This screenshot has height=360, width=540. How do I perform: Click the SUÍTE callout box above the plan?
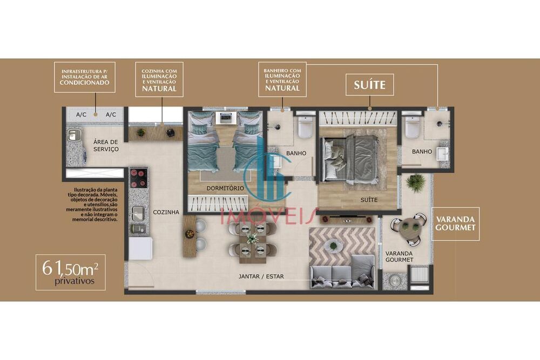point(370,85)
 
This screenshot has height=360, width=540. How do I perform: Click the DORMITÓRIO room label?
point(225,188)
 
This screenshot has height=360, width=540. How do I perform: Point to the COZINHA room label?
point(166,212)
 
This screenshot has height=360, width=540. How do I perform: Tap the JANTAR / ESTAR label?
point(261,276)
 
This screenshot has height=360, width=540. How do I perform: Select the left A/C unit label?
point(81,114)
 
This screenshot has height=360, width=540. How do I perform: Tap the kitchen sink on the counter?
point(138,213)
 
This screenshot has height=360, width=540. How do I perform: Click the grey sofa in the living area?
point(342,272)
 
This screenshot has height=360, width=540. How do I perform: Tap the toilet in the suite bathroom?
point(413,127)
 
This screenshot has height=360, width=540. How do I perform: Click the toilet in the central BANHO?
point(306,127)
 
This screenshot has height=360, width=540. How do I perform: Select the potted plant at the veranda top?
point(415,182)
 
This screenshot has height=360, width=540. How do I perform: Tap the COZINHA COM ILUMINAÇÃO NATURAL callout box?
point(159,79)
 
